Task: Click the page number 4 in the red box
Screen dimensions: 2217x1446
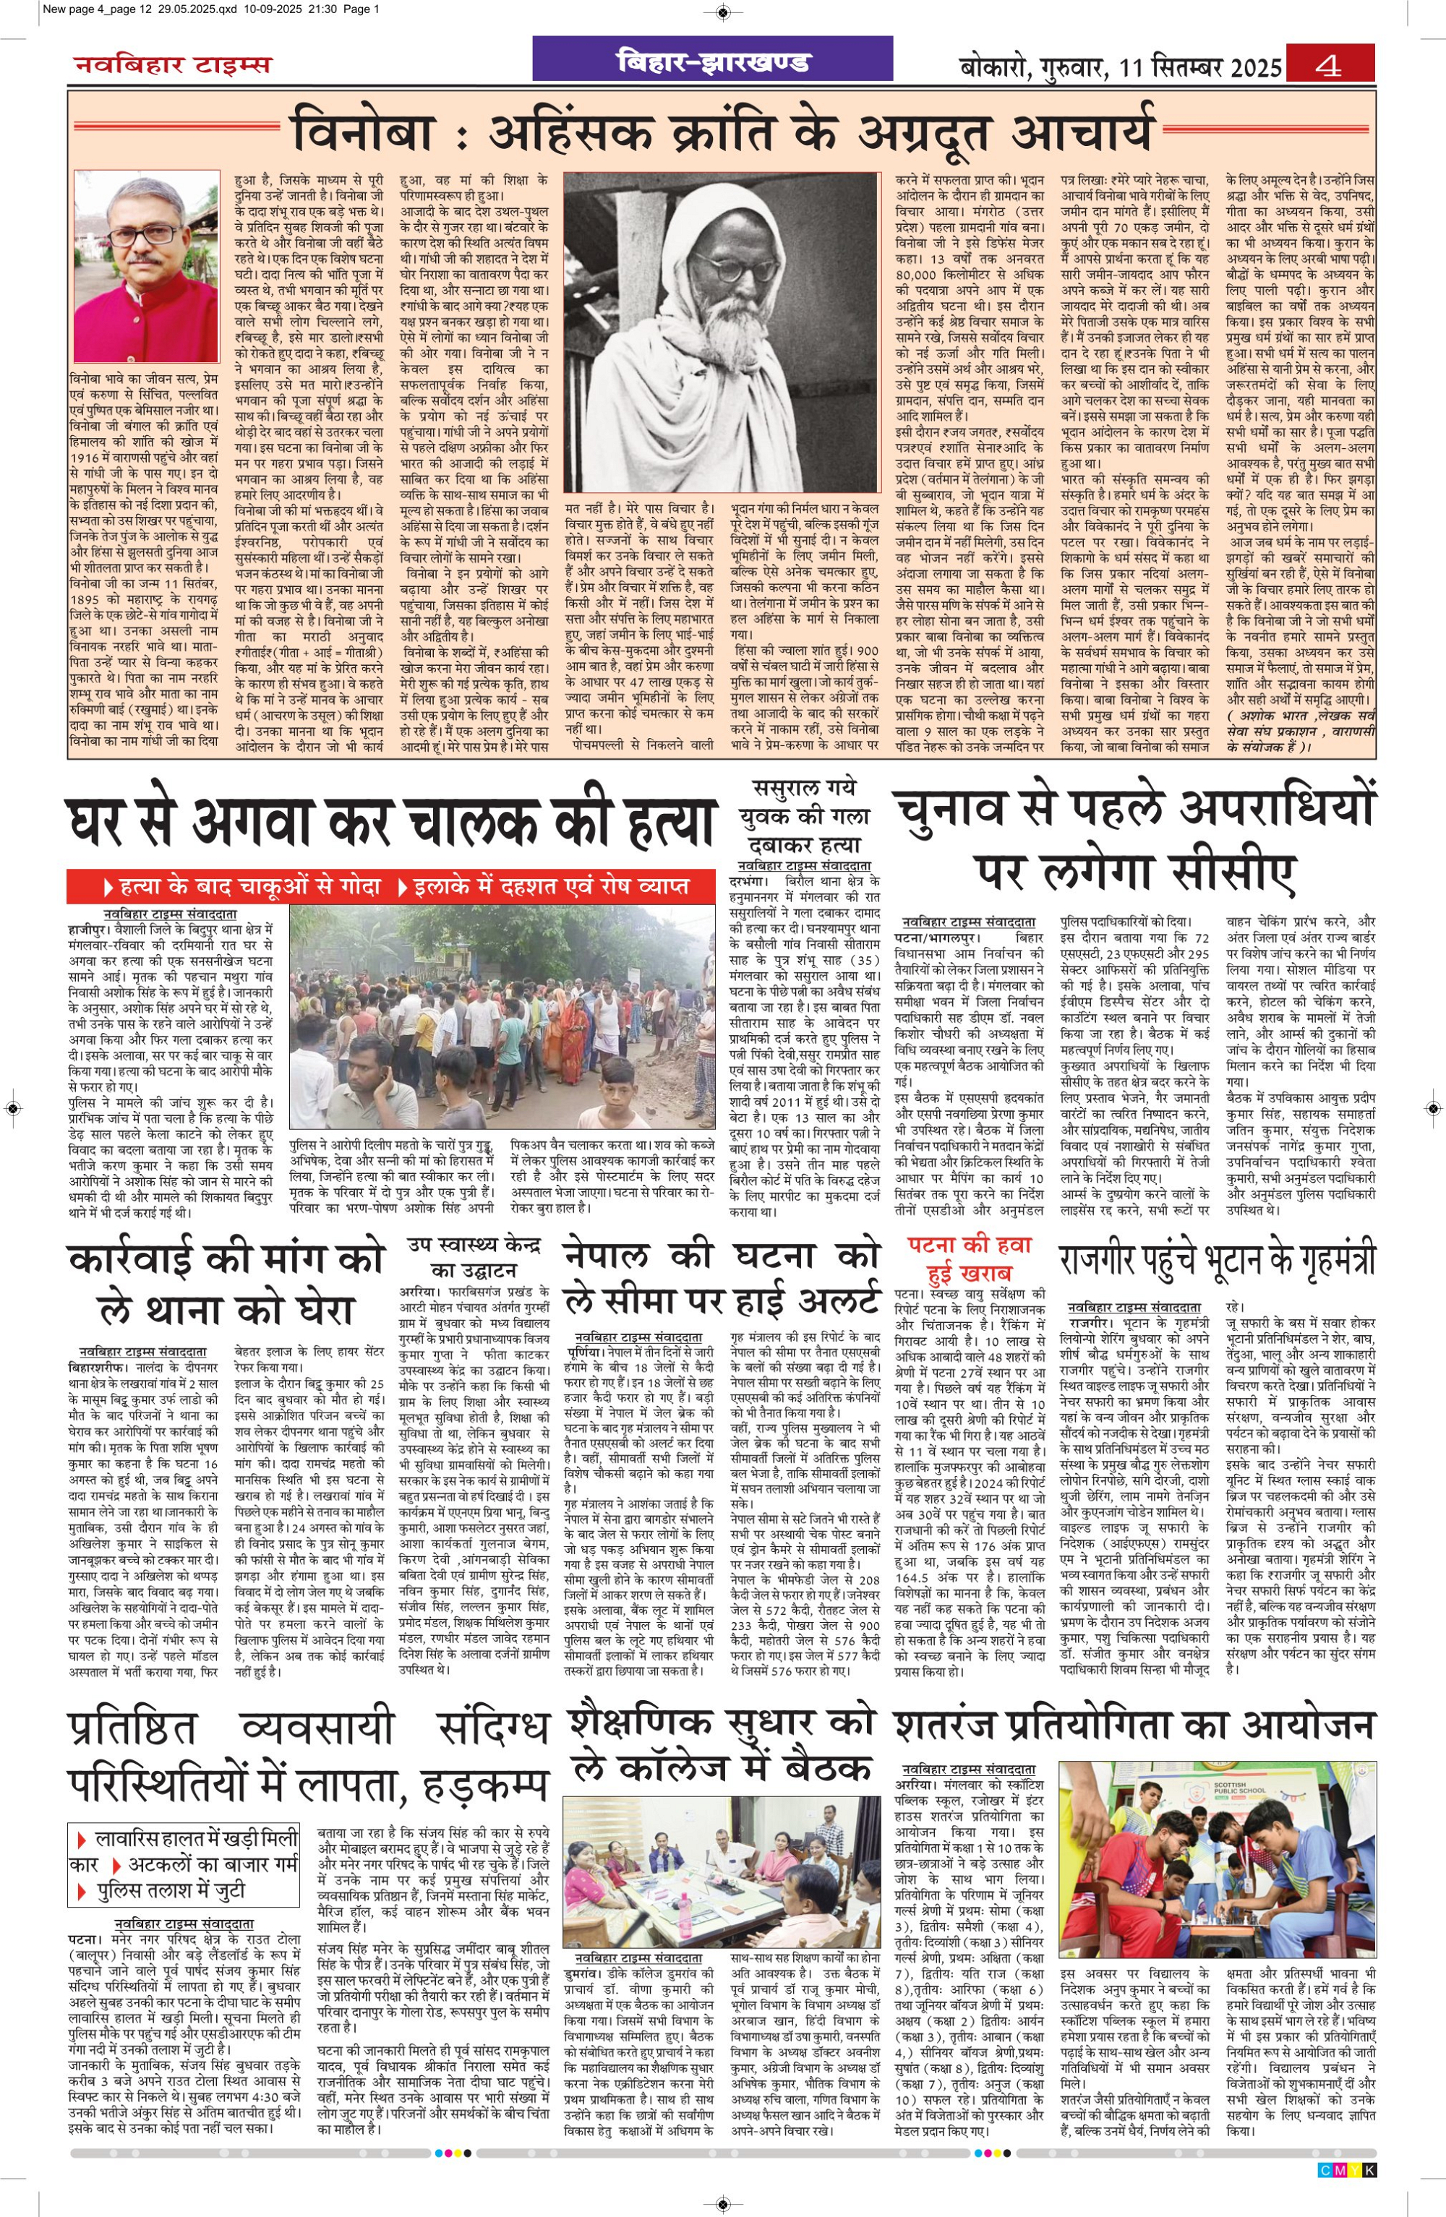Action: point(1329,66)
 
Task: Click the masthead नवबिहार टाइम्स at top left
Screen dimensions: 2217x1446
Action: point(174,64)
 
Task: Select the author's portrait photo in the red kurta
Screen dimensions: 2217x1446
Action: point(145,270)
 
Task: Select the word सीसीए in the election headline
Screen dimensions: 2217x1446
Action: point(1227,870)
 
